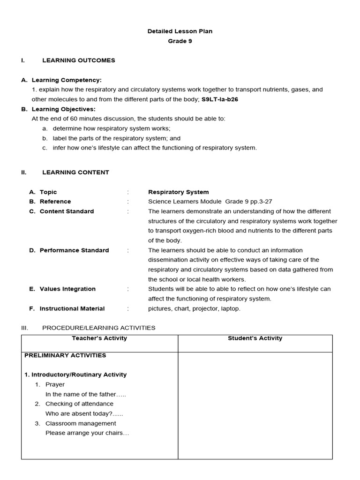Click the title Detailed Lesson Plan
(x=180, y=31)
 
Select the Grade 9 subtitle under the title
(x=180, y=41)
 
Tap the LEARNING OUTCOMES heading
(x=78, y=60)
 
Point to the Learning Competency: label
(x=66, y=80)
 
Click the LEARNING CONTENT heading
(x=75, y=172)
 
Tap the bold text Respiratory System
(x=179, y=192)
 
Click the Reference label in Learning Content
(x=55, y=202)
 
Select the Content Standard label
(x=67, y=211)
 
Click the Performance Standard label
(x=74, y=250)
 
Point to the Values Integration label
(x=67, y=289)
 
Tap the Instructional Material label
(x=72, y=309)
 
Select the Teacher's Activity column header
(x=99, y=338)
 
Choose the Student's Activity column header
(x=255, y=338)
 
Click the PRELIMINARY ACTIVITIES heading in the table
(x=65, y=355)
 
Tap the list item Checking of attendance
(x=79, y=404)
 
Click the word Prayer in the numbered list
(x=55, y=385)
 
